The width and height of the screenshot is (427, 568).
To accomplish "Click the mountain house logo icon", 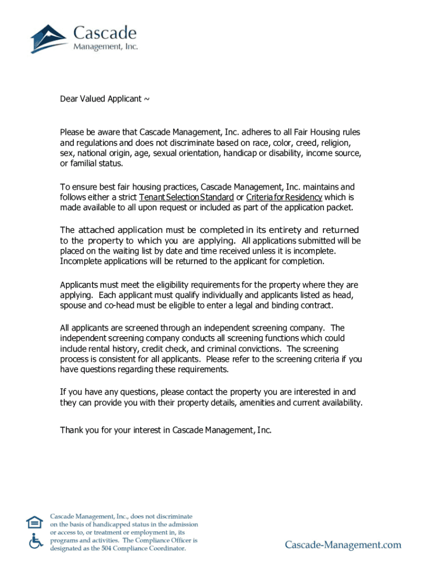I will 49,37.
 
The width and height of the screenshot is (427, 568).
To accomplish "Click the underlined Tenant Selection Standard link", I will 186,197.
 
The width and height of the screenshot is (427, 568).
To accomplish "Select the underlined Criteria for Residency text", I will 284,197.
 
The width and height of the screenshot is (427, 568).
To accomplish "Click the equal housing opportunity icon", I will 34,523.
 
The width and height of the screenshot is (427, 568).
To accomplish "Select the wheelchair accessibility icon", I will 35,540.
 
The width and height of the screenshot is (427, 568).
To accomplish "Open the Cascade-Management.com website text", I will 343,545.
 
